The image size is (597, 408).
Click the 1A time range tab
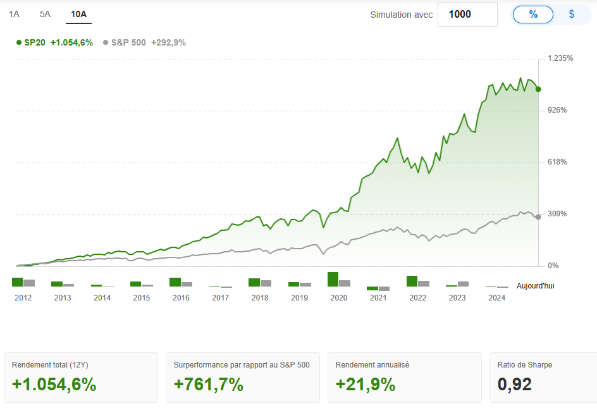14,14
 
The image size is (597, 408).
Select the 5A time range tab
45,14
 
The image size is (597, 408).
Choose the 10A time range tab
79,14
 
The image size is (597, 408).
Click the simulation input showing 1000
467,15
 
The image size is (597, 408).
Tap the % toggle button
533,15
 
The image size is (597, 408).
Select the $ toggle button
572,15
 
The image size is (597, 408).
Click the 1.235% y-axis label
561,58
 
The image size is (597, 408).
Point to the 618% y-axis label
557,162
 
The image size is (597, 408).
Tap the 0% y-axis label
553,266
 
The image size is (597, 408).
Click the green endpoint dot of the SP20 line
538,89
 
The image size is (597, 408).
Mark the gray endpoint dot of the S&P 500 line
538,217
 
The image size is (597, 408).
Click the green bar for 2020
333,279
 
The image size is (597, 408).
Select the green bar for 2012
18,282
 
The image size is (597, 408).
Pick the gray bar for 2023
463,284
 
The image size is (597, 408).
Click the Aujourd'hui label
535,286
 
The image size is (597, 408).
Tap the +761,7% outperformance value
209,384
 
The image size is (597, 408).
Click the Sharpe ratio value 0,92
514,384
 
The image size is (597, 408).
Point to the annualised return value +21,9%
366,384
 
